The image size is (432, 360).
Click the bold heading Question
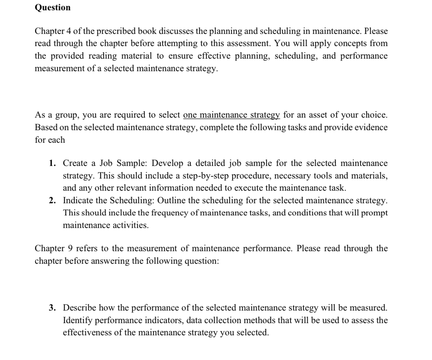click(x=53, y=8)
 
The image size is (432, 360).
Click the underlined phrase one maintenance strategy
click(x=231, y=115)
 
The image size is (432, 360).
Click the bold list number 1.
click(x=52, y=163)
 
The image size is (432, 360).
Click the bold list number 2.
click(x=52, y=200)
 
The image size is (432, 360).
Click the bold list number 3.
click(x=52, y=307)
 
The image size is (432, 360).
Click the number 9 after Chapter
click(x=70, y=248)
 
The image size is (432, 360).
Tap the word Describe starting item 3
click(x=79, y=307)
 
